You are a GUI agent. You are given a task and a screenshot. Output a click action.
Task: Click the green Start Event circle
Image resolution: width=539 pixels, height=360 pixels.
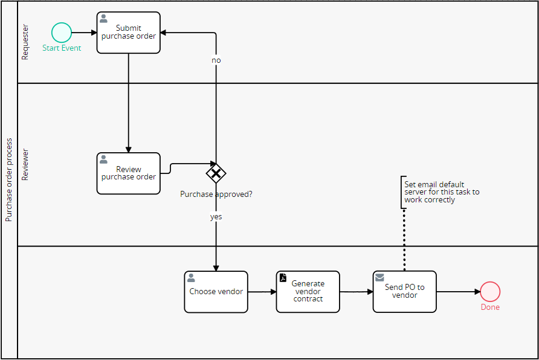pos(62,32)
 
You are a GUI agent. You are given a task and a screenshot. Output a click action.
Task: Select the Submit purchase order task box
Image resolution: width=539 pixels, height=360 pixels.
pos(129,33)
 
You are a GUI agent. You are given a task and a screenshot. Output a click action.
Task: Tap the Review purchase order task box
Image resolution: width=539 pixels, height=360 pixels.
pos(129,173)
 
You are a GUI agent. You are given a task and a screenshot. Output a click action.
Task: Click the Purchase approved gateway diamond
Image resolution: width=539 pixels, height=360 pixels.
pos(216,174)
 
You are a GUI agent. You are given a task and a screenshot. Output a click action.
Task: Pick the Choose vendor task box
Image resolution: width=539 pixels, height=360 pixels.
pos(216,292)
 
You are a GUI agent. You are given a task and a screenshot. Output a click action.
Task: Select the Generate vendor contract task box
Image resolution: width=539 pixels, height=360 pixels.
pos(308,292)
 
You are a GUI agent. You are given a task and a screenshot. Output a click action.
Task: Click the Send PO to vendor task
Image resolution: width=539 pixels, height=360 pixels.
pos(404,292)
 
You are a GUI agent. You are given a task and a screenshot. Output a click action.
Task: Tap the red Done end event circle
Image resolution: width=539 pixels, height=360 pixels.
pos(490,292)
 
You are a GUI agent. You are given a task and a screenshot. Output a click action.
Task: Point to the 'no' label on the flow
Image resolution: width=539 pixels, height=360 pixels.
pos(216,60)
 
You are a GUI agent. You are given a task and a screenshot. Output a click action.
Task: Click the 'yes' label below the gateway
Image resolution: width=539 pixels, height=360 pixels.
pos(216,216)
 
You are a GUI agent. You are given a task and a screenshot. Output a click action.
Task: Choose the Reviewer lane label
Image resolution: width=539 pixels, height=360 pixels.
pos(25,165)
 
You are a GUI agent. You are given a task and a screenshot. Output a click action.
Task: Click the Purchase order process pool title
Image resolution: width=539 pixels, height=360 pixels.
pos(8,180)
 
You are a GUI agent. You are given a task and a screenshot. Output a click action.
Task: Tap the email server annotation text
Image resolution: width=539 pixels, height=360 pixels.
pos(442,192)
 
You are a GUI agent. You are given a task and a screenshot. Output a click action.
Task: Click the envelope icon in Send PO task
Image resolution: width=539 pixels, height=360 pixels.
pos(379,277)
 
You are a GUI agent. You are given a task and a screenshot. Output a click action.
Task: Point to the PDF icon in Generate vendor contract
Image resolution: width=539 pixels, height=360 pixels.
pos(283,278)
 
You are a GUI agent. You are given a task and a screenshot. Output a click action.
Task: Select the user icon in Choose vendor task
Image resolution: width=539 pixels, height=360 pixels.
pos(191,278)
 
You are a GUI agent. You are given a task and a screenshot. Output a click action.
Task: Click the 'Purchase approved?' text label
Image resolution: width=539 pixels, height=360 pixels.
pos(216,194)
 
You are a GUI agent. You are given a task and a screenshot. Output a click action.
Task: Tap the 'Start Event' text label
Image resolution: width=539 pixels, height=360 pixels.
pos(62,48)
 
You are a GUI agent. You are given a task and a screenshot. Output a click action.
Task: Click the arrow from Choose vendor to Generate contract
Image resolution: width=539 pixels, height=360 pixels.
pos(262,292)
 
